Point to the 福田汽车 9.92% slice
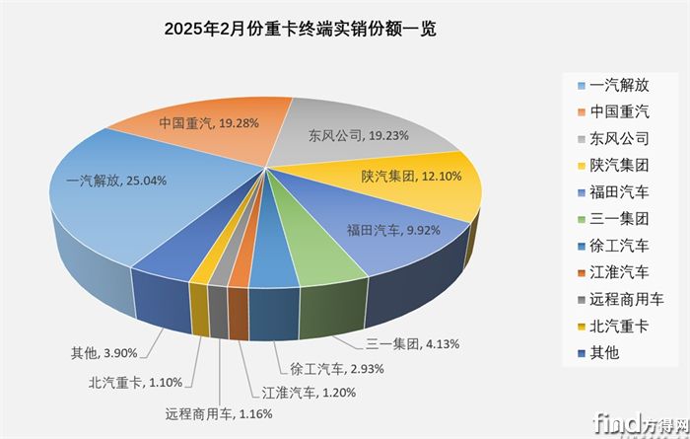(x=384, y=237)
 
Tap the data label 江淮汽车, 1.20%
(x=309, y=394)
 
